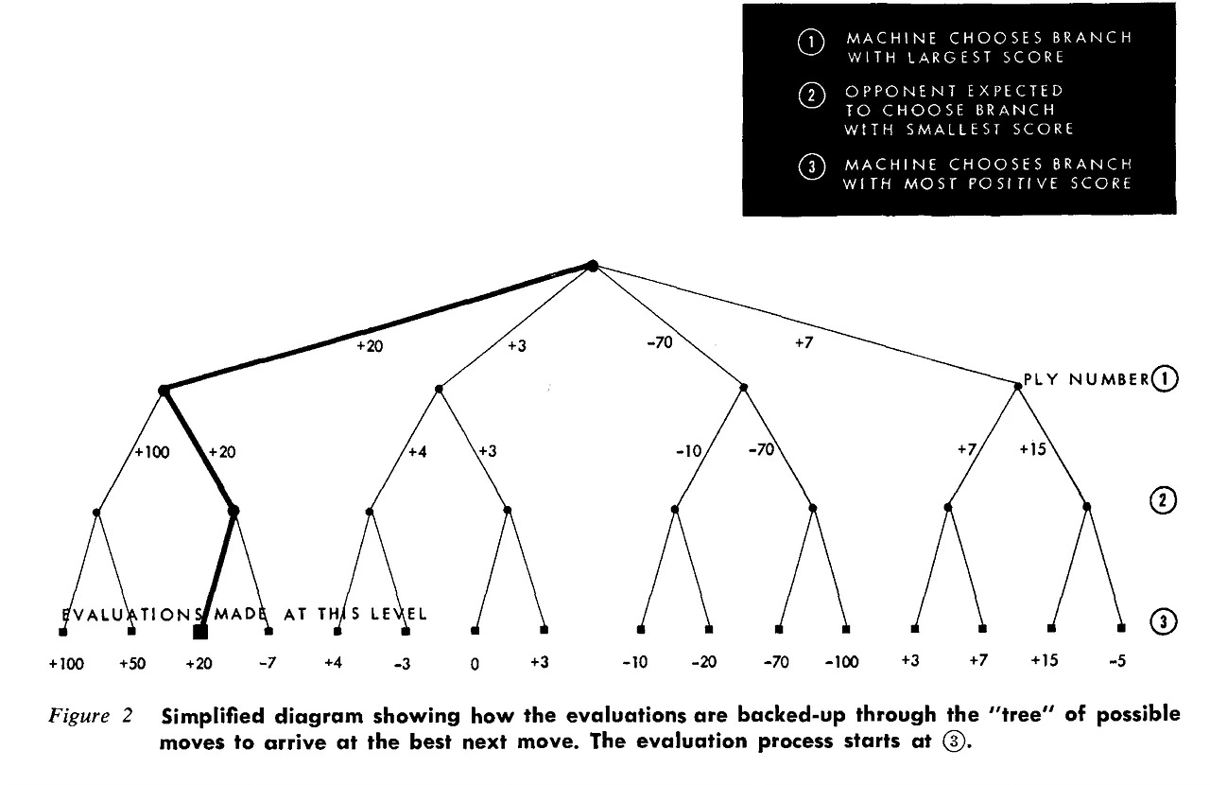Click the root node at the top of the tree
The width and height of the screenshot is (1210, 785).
click(x=593, y=266)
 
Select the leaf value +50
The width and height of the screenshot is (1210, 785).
click(x=133, y=663)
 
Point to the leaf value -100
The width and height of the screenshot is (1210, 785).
click(x=840, y=662)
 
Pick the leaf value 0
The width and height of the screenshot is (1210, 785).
click(x=475, y=664)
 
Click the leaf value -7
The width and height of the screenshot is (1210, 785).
click(x=267, y=662)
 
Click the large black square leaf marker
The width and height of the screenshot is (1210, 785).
click(x=200, y=632)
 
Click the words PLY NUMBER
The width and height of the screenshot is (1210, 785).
click(x=1085, y=379)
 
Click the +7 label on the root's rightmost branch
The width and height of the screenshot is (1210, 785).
click(x=804, y=342)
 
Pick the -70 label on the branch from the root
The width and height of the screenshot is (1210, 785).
click(x=659, y=342)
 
